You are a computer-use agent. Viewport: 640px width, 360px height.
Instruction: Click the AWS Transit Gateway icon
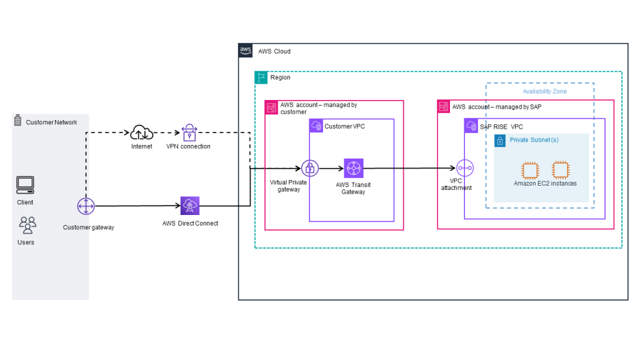tap(353, 168)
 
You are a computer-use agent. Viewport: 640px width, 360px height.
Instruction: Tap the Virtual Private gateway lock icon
tap(310, 168)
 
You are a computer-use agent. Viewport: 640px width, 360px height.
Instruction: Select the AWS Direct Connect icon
tap(189, 206)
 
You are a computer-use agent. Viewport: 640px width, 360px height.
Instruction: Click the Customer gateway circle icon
tap(86, 206)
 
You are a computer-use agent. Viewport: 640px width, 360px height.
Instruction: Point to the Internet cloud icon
tap(142, 132)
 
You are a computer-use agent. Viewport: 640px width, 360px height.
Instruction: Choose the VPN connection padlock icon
tap(189, 132)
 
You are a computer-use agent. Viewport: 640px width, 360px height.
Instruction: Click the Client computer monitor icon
tap(26, 184)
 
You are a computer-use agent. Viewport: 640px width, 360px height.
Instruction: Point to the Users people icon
tap(27, 224)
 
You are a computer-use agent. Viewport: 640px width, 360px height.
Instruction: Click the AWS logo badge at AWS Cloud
tap(246, 51)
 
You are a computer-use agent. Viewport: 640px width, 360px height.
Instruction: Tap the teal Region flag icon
tap(261, 77)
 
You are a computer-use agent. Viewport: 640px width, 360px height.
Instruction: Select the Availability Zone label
tap(544, 91)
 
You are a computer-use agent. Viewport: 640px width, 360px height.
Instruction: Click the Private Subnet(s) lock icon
tap(500, 141)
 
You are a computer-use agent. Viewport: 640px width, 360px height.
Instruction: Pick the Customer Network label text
tap(51, 122)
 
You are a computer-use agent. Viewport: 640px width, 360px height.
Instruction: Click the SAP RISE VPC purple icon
tap(471, 126)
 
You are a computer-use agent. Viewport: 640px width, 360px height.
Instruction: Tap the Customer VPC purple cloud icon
tap(316, 126)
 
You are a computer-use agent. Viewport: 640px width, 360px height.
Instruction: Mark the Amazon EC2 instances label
tap(545, 184)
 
